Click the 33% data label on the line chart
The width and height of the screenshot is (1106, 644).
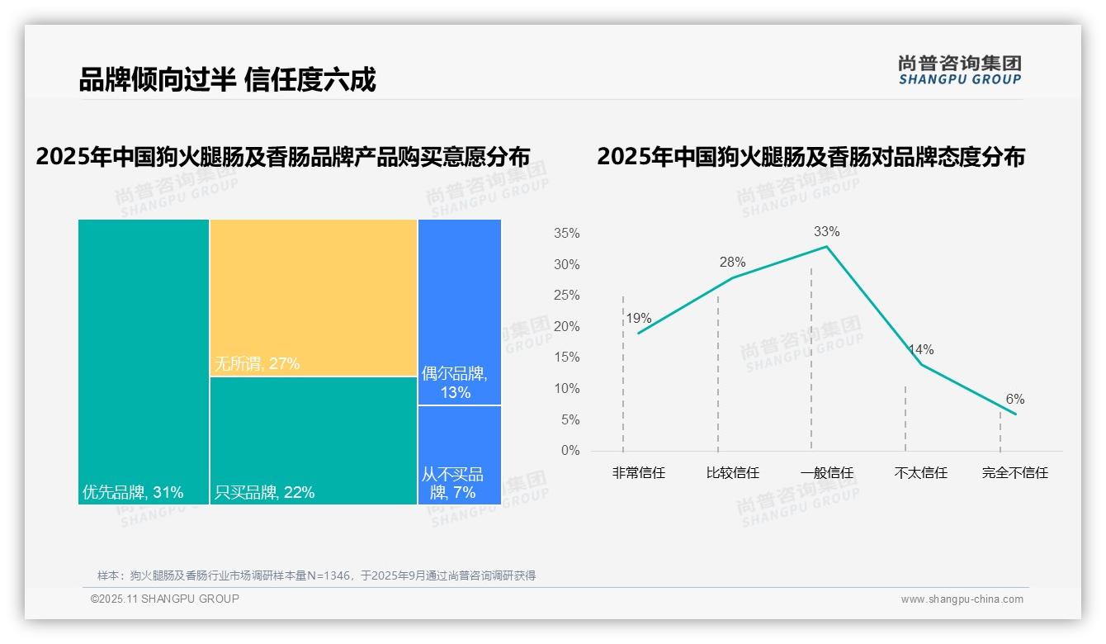click(826, 231)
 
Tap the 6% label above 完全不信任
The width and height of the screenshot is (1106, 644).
click(1014, 400)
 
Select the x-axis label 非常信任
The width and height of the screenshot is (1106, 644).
click(638, 473)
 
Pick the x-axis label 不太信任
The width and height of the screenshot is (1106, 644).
click(920, 473)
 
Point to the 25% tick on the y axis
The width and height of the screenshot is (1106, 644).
click(566, 296)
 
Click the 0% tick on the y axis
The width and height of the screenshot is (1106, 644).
click(570, 451)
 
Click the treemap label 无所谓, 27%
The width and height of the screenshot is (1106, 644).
click(257, 363)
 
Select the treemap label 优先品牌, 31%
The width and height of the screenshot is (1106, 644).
click(133, 493)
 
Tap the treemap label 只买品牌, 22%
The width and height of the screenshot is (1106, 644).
click(264, 493)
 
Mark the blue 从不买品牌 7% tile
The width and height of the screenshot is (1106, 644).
click(459, 454)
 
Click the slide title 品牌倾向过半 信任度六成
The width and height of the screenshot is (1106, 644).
click(227, 80)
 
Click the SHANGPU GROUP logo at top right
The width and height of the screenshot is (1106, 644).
click(959, 70)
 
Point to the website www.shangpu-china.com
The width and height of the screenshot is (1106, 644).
click(962, 599)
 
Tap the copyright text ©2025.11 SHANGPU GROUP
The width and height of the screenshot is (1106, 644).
click(165, 599)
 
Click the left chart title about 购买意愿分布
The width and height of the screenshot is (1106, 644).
click(282, 157)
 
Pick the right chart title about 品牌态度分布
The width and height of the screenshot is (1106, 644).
click(811, 157)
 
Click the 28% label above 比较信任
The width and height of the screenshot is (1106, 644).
click(732, 263)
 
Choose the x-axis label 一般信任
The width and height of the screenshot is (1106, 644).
click(826, 473)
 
